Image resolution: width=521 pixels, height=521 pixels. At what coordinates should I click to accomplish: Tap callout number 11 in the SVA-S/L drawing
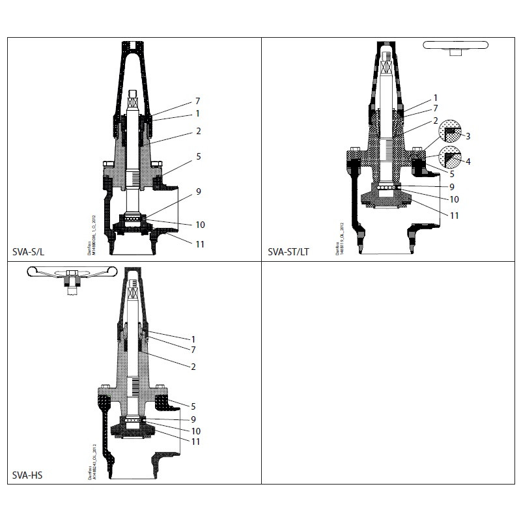point(200,244)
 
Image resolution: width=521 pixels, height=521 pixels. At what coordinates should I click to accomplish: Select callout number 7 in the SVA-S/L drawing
point(197,102)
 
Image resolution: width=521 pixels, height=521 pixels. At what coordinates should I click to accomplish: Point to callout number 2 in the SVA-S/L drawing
point(197,131)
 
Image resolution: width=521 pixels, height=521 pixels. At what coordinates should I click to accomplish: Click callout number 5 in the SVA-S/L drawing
point(197,157)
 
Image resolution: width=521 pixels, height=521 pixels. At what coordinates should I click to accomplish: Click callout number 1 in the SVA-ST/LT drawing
point(436,98)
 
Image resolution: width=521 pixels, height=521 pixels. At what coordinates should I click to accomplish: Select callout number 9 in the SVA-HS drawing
point(193,419)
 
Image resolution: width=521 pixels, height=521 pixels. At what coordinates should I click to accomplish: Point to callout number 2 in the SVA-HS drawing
point(193,367)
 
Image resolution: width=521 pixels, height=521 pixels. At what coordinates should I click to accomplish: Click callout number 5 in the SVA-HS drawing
point(193,406)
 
